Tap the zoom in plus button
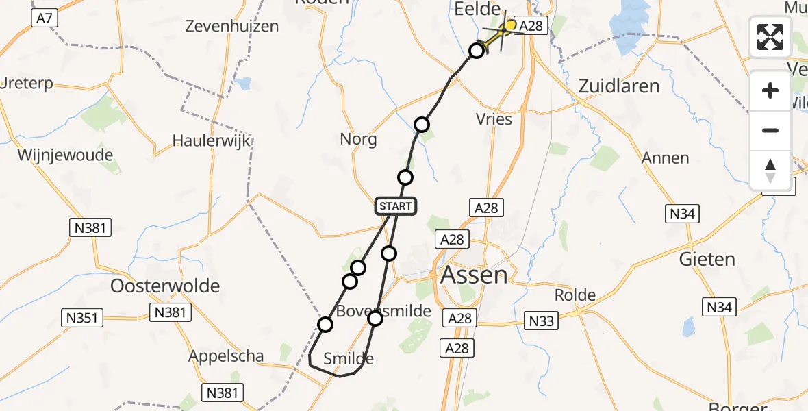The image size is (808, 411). (770, 90)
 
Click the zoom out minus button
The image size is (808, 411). (770, 130)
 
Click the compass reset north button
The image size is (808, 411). (770, 170)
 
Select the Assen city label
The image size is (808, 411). (475, 275)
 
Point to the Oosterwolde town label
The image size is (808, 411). (166, 285)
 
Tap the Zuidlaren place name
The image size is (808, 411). (619, 86)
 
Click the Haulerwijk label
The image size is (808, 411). (212, 141)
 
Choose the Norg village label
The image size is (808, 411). (358, 139)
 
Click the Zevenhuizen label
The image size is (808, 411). (232, 26)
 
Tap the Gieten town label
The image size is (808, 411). (707, 260)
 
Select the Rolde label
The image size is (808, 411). (575, 296)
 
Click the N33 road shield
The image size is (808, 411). (542, 319)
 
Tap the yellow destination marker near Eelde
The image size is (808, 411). (510, 26)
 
